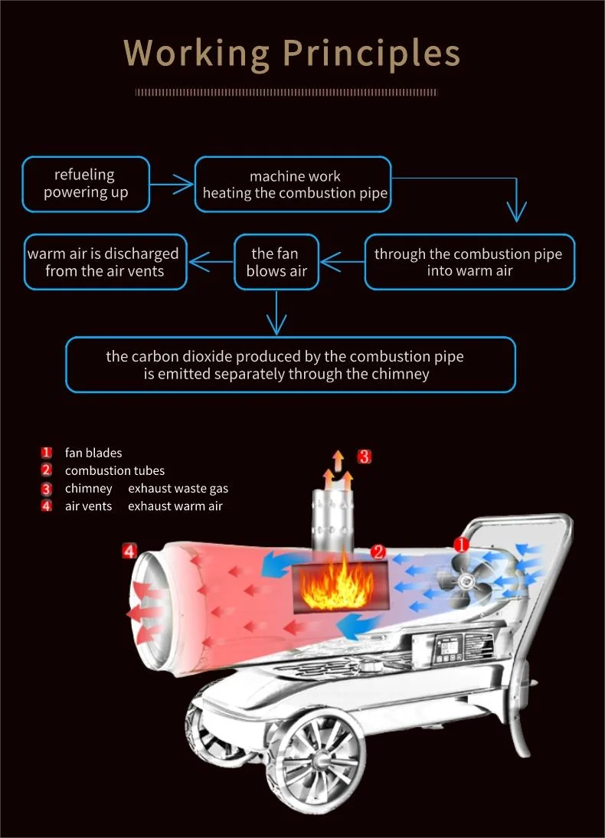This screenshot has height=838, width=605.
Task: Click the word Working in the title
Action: [x=196, y=54]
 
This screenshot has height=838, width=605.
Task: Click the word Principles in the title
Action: [x=371, y=54]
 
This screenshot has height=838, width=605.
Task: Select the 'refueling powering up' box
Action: [x=86, y=184]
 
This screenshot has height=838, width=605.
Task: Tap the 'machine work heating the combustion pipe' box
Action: [x=293, y=184]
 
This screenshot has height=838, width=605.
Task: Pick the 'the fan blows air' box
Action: [x=276, y=262]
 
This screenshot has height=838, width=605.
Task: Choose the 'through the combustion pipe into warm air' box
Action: [x=469, y=262]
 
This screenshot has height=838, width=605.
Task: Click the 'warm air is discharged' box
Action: [x=105, y=262]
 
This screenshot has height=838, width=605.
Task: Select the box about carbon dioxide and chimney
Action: [x=291, y=365]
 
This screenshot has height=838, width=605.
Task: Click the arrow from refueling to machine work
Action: [x=172, y=185]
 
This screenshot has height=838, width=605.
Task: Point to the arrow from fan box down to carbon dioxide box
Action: [x=276, y=313]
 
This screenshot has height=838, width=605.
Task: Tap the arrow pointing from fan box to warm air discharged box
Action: [x=211, y=262]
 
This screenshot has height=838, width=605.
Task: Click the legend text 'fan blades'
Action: [x=93, y=453]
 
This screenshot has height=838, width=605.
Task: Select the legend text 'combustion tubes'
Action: [x=115, y=470]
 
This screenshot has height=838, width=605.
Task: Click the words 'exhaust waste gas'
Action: [x=178, y=489]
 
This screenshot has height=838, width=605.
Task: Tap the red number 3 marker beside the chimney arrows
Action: [x=364, y=457]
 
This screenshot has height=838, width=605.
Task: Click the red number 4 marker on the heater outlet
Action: [x=129, y=551]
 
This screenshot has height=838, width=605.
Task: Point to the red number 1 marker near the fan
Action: [x=461, y=545]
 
